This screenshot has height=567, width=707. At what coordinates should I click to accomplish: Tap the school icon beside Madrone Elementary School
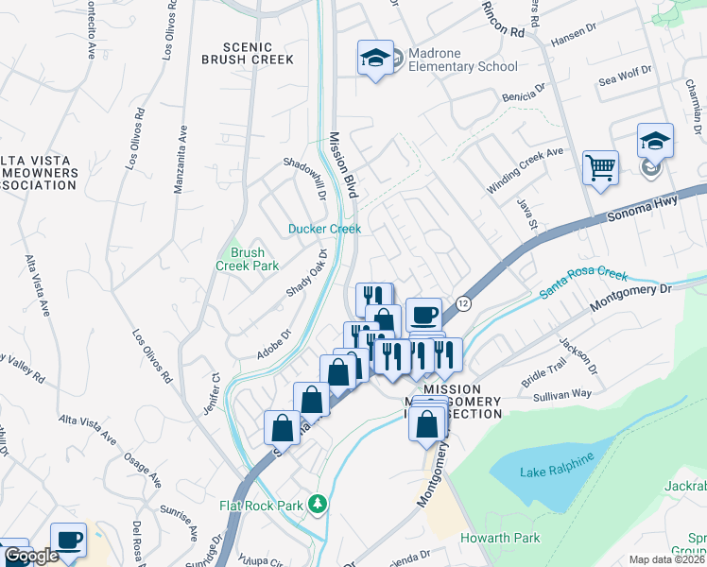tap(375, 59)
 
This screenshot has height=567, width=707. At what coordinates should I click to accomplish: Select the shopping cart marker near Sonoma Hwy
tap(600, 169)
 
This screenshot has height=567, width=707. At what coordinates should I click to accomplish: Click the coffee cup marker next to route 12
tap(423, 315)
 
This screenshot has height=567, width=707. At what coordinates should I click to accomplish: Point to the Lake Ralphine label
tap(557, 459)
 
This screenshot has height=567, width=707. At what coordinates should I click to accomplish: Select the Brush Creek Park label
tap(248, 259)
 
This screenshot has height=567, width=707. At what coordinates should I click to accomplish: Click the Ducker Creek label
tap(324, 229)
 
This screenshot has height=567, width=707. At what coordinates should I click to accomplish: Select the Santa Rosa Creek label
tap(583, 283)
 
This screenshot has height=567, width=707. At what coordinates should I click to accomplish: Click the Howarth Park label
tap(500, 538)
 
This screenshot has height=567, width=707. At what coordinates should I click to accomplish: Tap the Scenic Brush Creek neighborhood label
tap(248, 53)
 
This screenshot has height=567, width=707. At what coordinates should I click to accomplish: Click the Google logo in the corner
tap(31, 556)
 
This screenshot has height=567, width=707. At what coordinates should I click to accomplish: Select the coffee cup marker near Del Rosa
tap(68, 540)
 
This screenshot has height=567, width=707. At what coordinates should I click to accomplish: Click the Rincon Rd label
tap(503, 19)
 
